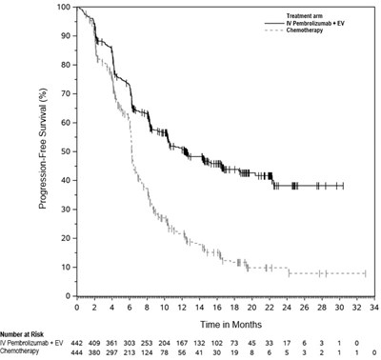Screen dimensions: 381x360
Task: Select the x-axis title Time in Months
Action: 231,325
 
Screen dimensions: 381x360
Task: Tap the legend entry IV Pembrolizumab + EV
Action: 315,23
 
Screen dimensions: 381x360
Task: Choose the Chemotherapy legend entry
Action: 305,30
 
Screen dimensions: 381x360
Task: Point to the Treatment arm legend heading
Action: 305,16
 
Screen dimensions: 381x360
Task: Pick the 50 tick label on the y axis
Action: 67,151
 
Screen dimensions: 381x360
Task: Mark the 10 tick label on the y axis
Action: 67,267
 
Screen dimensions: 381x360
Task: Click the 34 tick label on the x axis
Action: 374,308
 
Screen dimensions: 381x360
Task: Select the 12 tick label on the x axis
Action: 182,308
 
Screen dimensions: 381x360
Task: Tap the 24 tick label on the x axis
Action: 287,308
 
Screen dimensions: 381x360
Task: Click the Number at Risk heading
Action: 22,334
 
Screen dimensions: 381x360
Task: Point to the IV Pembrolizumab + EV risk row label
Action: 31,343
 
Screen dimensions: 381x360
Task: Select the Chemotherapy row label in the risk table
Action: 20,350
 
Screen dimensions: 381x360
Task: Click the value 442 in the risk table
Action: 77,343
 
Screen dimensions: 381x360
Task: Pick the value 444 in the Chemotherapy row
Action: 77,352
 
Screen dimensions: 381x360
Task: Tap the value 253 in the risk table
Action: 147,343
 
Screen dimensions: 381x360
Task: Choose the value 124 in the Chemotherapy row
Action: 147,352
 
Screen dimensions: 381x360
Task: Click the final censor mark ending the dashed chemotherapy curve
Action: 366,273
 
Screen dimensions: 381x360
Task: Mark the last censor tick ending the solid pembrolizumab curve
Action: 343,186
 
